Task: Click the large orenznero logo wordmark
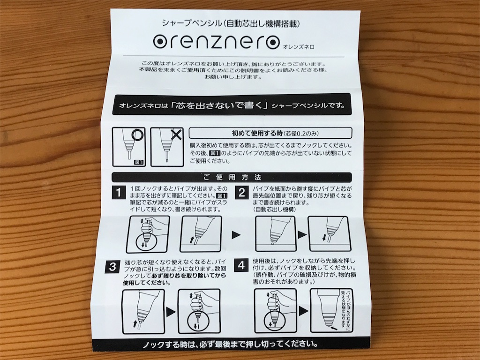pos(216,42)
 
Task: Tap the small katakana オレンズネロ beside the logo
pos(299,47)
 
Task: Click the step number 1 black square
pos(119,192)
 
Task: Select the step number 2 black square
pos(241,192)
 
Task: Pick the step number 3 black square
pos(112,267)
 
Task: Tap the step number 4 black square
pos(241,265)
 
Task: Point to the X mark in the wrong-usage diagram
pos(176,135)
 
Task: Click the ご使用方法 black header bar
pos(232,177)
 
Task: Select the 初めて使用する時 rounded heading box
pos(270,133)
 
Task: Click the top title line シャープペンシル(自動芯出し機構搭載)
pos(231,23)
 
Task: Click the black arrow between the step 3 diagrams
pos(171,312)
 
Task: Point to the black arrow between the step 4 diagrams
pos(303,311)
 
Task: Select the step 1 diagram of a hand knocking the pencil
pos(148,234)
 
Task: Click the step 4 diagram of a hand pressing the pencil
pos(275,311)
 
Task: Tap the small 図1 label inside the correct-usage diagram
pos(139,162)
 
